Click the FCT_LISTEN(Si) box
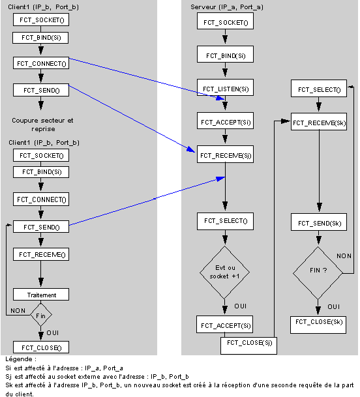point(225,87)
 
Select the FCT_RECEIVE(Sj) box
point(225,154)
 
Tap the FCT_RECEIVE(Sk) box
point(319,122)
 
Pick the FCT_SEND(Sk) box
point(319,222)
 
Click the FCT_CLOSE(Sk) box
point(318,325)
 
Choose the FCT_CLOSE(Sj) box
point(248,346)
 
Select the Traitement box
point(41,295)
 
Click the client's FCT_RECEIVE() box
point(41,254)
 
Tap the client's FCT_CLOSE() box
point(41,347)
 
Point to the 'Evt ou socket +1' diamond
point(225,272)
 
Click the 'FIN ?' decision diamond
point(318,273)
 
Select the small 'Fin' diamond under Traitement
point(41,315)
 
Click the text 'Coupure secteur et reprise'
point(43,125)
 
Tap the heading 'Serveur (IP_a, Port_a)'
point(227,7)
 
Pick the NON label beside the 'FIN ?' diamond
point(344,256)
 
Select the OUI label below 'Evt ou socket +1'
point(241,306)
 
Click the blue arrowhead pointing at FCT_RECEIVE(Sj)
point(191,149)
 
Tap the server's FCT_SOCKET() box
point(225,21)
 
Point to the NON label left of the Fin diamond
point(18,311)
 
